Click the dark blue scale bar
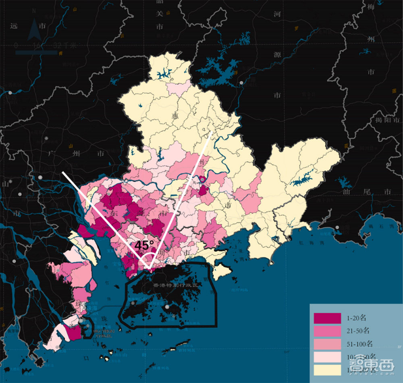(x=36, y=52)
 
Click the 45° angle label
(x=144, y=245)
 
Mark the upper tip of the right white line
(x=211, y=131)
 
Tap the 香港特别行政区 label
(x=177, y=284)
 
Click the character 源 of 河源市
(x=277, y=54)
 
